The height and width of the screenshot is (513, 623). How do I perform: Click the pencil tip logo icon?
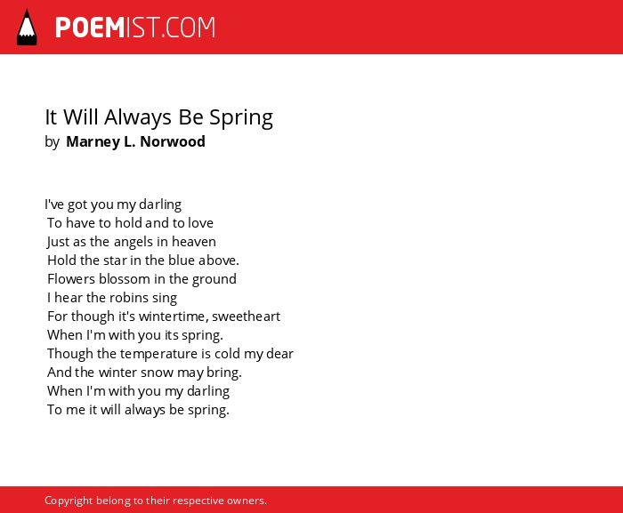pos(27,28)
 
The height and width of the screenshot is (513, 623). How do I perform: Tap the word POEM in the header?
pos(90,28)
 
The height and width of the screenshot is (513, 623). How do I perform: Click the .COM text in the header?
pos(189,28)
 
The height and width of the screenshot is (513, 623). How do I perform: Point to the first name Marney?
pos(93,142)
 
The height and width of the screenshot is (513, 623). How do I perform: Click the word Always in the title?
pos(138,118)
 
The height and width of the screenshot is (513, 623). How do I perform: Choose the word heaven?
pos(194,242)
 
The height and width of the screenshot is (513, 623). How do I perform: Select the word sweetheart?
pos(246,317)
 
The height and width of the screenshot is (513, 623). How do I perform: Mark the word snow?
pos(157,373)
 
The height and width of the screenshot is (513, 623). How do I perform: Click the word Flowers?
pos(71,279)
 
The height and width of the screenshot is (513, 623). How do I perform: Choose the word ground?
pos(214,279)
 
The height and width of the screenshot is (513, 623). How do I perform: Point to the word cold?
pos(227,353)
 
